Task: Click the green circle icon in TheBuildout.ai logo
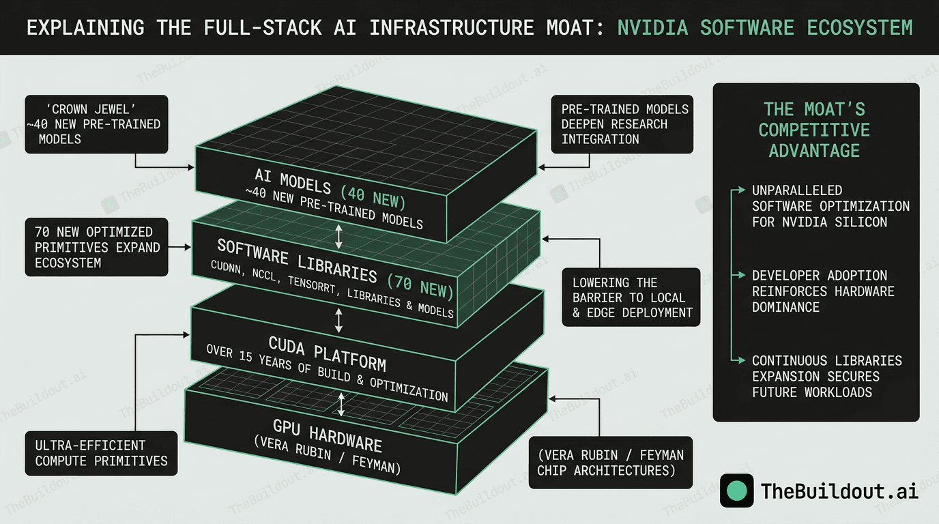coord(737,491)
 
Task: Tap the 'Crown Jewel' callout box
coord(96,124)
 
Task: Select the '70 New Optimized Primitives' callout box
coord(96,247)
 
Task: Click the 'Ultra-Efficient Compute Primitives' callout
coord(101,453)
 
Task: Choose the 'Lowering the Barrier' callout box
coord(632,297)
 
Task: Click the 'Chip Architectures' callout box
coord(610,463)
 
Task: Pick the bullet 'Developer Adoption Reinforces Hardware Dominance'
coord(822,291)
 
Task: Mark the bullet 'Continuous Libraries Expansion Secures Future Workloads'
coord(826,376)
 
